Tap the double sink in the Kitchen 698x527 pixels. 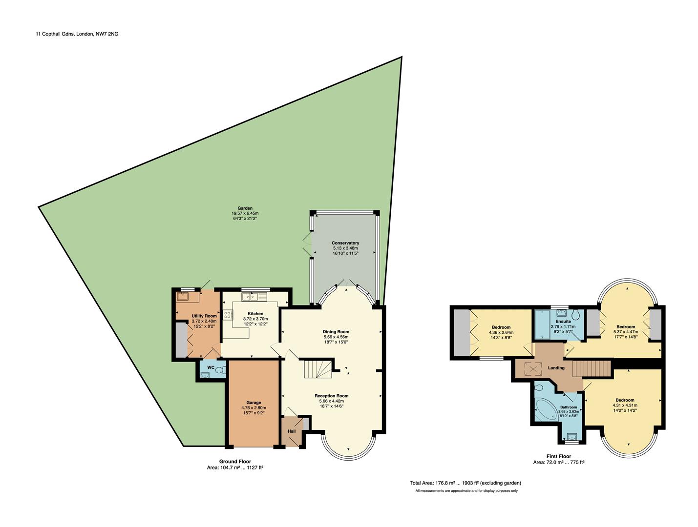click(252, 296)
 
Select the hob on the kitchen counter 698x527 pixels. click(228, 315)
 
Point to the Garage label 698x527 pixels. click(254, 403)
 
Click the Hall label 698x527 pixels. click(292, 431)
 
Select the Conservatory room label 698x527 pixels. click(345, 243)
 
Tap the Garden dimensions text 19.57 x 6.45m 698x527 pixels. click(245, 213)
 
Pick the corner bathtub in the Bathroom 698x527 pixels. click(545, 409)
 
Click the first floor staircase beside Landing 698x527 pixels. click(592, 368)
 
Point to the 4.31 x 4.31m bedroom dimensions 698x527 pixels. click(625, 405)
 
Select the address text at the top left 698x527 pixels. click(77, 34)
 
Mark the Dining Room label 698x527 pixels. click(336, 332)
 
